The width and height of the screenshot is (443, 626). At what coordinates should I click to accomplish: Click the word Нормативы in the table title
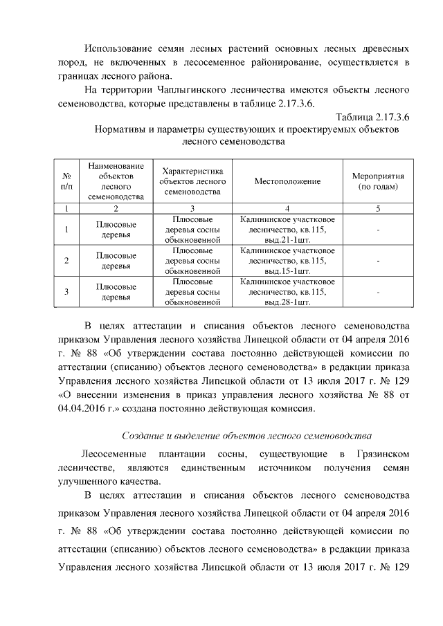click(124, 130)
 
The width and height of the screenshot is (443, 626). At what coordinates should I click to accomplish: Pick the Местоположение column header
click(287, 181)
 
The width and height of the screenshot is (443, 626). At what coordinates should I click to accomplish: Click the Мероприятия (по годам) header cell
click(378, 181)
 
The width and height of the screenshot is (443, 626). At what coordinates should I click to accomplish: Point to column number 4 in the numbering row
click(287, 208)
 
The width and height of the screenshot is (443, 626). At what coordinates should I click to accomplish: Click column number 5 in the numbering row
click(378, 208)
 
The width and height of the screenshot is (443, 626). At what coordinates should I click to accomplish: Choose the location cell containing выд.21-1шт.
click(287, 230)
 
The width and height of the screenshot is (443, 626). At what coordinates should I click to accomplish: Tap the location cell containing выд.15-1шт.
click(287, 261)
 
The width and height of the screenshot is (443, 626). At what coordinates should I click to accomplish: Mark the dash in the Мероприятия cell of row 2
click(378, 261)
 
